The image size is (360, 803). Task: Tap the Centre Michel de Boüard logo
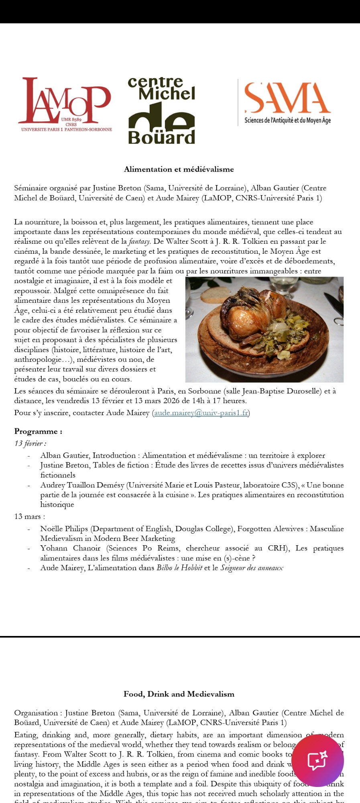[161, 111]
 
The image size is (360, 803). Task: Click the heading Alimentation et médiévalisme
[179, 169]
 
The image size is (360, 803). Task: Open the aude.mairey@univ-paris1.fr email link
[201, 413]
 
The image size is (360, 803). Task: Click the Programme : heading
[38, 432]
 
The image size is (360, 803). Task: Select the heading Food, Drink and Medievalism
[179, 694]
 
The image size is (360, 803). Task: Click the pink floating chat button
[317, 760]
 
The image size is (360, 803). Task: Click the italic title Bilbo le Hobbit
[179, 568]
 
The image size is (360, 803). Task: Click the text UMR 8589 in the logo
[71, 119]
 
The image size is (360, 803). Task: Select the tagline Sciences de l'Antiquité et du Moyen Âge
[287, 120]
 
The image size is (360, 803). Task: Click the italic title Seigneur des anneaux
[252, 568]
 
